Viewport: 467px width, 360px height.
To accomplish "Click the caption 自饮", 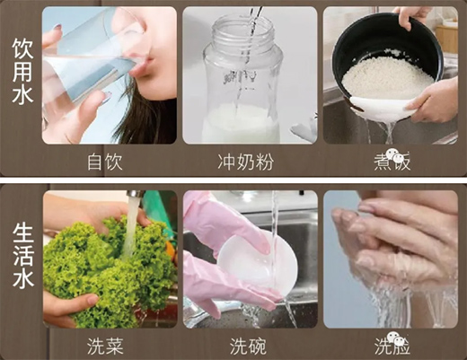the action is point(105,162).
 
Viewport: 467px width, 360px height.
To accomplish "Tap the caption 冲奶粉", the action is point(246,162).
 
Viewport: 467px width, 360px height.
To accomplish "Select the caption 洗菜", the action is point(105,346).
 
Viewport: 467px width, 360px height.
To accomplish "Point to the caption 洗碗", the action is point(248,346).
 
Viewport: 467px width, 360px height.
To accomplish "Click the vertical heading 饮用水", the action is point(22,72).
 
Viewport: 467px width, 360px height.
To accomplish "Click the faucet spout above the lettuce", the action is point(136,195).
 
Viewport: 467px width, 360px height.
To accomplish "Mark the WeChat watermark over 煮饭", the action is point(394,155).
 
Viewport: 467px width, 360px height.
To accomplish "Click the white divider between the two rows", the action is point(233,180).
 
